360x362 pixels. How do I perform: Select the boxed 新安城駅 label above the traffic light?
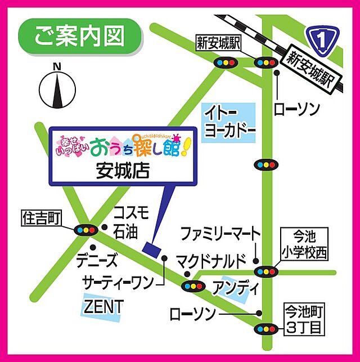point(218,43)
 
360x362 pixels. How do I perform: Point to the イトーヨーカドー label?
point(229,120)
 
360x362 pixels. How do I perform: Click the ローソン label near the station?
point(296,109)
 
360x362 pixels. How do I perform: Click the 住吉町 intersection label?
point(41,216)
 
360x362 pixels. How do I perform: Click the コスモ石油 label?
point(131,221)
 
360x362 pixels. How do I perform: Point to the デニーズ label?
point(99,260)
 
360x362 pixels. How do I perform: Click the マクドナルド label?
point(211,261)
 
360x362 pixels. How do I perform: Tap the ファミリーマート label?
point(220,233)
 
